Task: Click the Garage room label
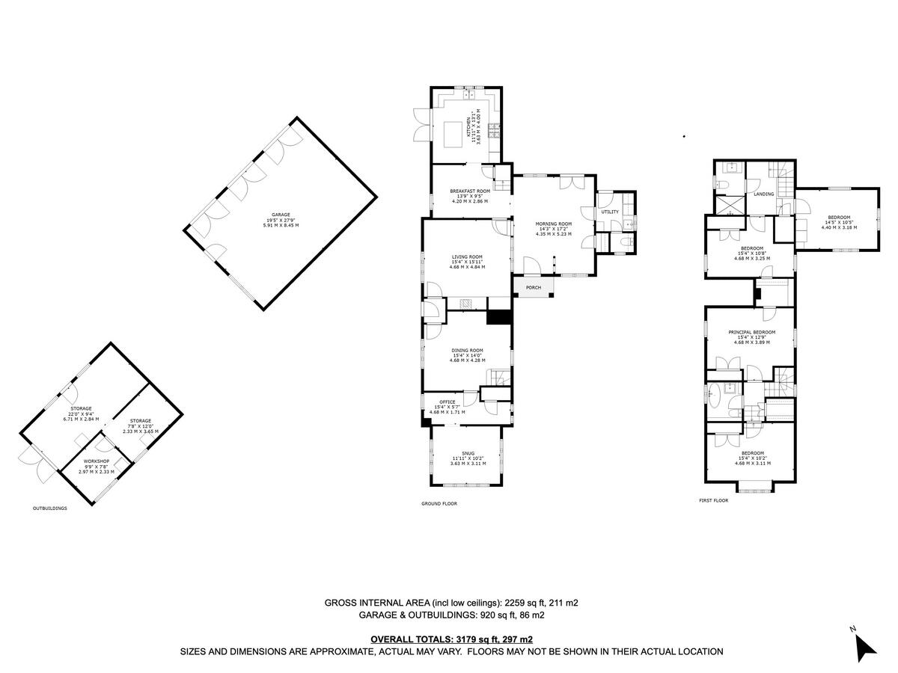tap(281, 215)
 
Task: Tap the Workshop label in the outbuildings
tap(97, 461)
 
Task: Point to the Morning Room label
tap(553, 224)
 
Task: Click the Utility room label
tap(610, 212)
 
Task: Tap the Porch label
tap(534, 288)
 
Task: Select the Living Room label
tap(467, 257)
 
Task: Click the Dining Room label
tap(467, 350)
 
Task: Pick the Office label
tap(448, 402)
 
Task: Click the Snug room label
tap(468, 452)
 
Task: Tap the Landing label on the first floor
tap(764, 194)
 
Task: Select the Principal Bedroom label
tap(752, 332)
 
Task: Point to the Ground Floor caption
tap(440, 504)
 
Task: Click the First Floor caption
tap(713, 500)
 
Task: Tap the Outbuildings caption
tap(50, 508)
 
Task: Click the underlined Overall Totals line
tap(451, 639)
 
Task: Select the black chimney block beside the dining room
tap(498, 317)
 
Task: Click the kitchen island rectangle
tap(453, 135)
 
